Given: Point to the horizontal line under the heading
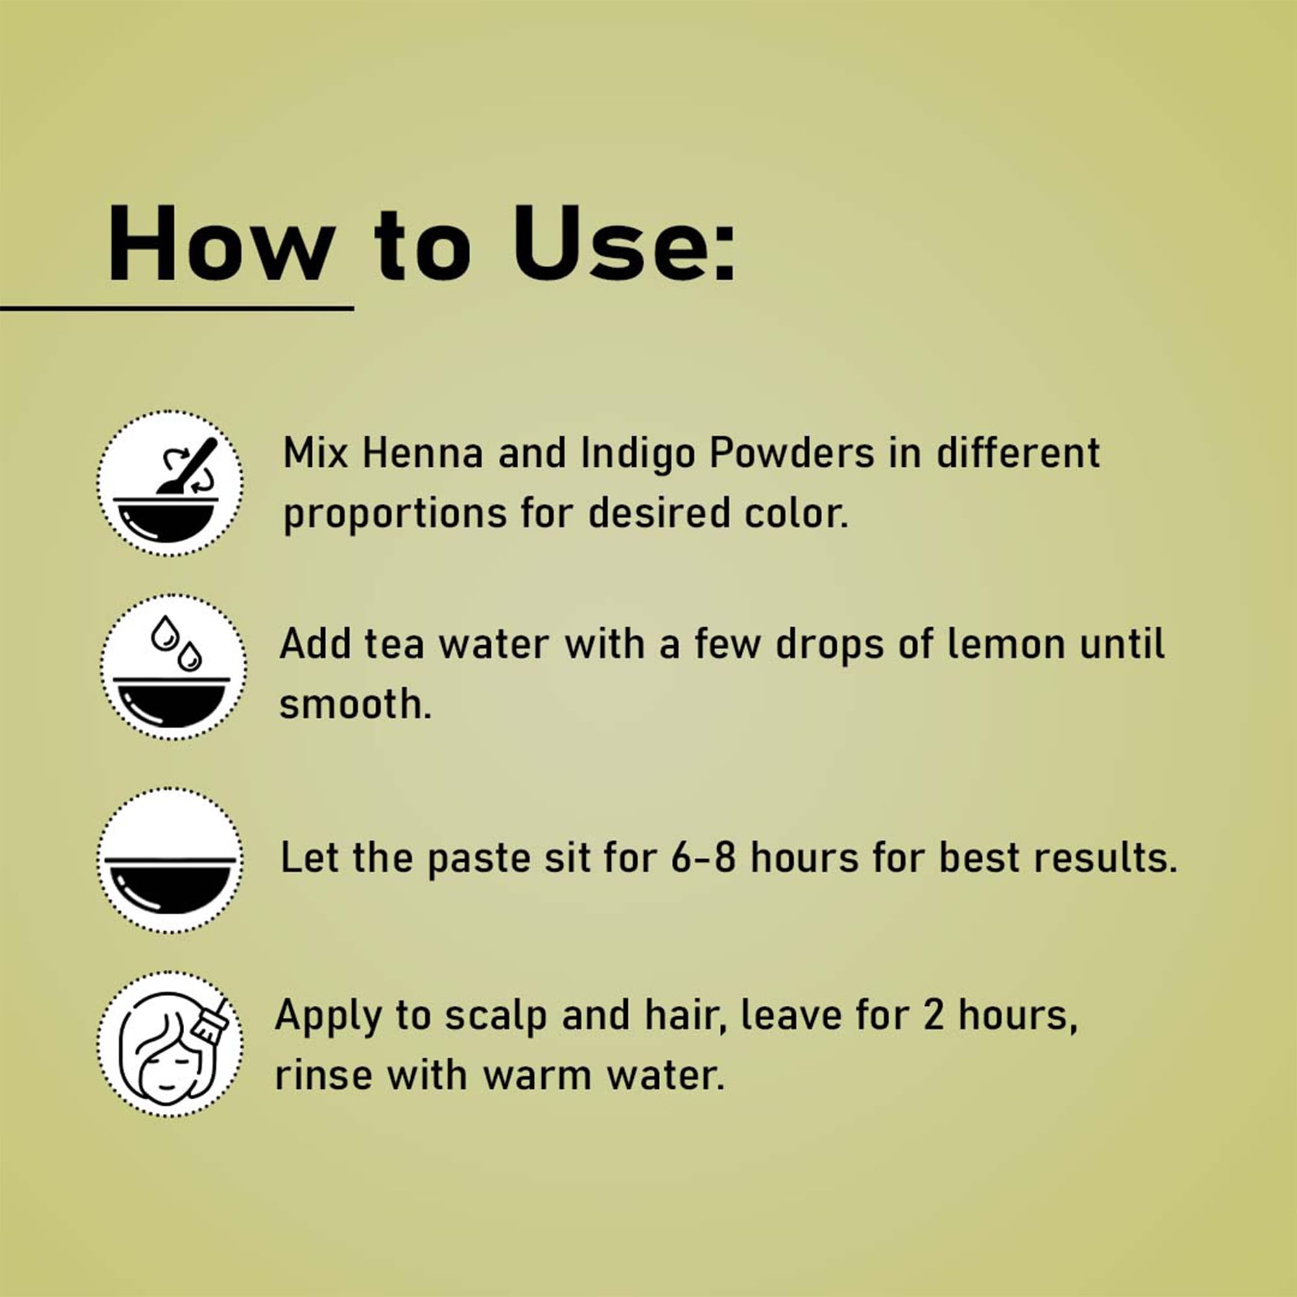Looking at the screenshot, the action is [x=176, y=308].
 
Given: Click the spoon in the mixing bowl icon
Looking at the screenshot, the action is [x=189, y=466].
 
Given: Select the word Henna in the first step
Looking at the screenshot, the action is [x=423, y=453].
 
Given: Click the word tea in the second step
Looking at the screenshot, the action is [x=394, y=645].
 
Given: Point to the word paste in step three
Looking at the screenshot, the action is [x=479, y=860].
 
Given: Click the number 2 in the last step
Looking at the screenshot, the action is [x=934, y=1014].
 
